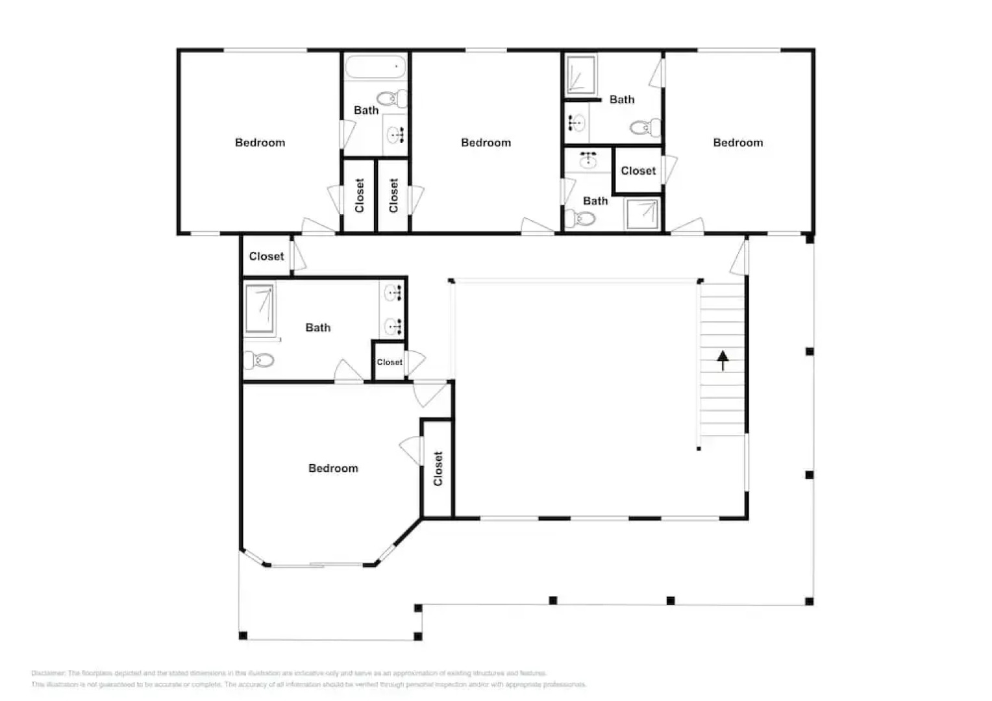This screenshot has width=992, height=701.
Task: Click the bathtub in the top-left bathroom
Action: pos(375,67)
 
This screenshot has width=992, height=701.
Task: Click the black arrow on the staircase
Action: pos(723,360)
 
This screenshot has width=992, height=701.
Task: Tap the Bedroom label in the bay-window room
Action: pos(333,468)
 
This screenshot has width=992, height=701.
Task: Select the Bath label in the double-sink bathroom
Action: pos(318,328)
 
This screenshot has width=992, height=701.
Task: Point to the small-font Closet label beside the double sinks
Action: pos(390,362)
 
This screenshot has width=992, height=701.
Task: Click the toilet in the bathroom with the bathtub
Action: pos(393,99)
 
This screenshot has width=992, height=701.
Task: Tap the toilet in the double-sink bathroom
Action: pos(259,360)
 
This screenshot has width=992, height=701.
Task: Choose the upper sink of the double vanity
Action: pos(393,293)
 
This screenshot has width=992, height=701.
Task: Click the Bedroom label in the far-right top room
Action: pos(738,143)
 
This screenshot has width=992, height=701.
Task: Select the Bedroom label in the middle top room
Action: pos(486,143)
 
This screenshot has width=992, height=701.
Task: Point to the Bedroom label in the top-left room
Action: pos(260,143)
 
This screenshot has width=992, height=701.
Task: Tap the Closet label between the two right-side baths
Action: pos(638,171)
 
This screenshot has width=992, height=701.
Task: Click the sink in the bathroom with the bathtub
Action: pos(395,135)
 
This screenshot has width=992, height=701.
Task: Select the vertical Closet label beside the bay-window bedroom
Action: pos(438,469)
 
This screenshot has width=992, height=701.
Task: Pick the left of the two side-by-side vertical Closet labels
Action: pos(360,195)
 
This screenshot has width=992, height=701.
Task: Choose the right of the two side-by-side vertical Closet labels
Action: pos(393,195)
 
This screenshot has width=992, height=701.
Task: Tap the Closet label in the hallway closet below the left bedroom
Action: pos(266,256)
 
